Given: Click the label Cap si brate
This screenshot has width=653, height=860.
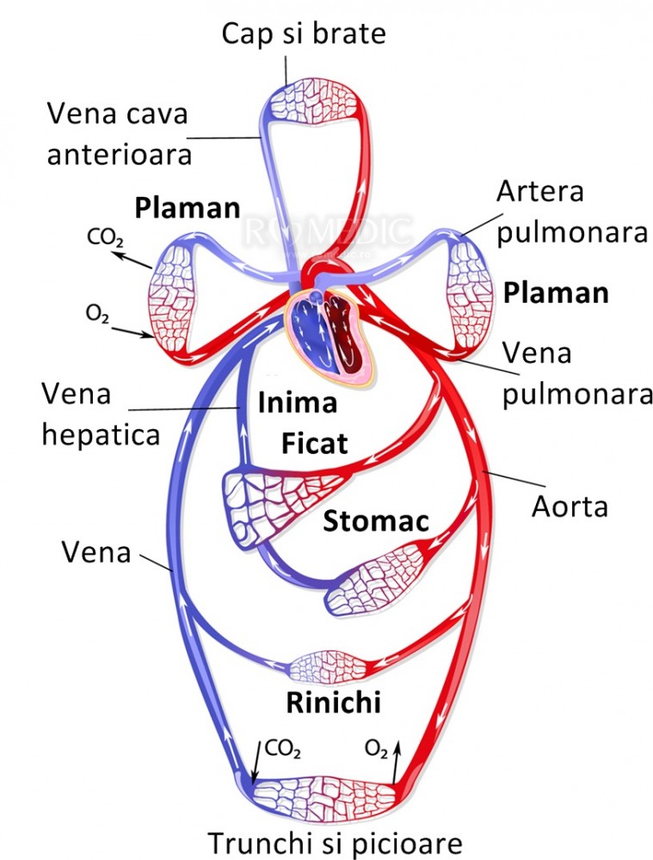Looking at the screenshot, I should click(x=304, y=34).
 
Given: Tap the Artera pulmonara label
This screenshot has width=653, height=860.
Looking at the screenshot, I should click(x=565, y=212).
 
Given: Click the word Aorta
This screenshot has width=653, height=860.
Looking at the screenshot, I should click(x=569, y=507).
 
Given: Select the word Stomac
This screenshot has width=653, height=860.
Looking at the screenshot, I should click(x=376, y=520).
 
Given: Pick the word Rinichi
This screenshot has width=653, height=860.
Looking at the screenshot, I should click(x=333, y=703).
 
